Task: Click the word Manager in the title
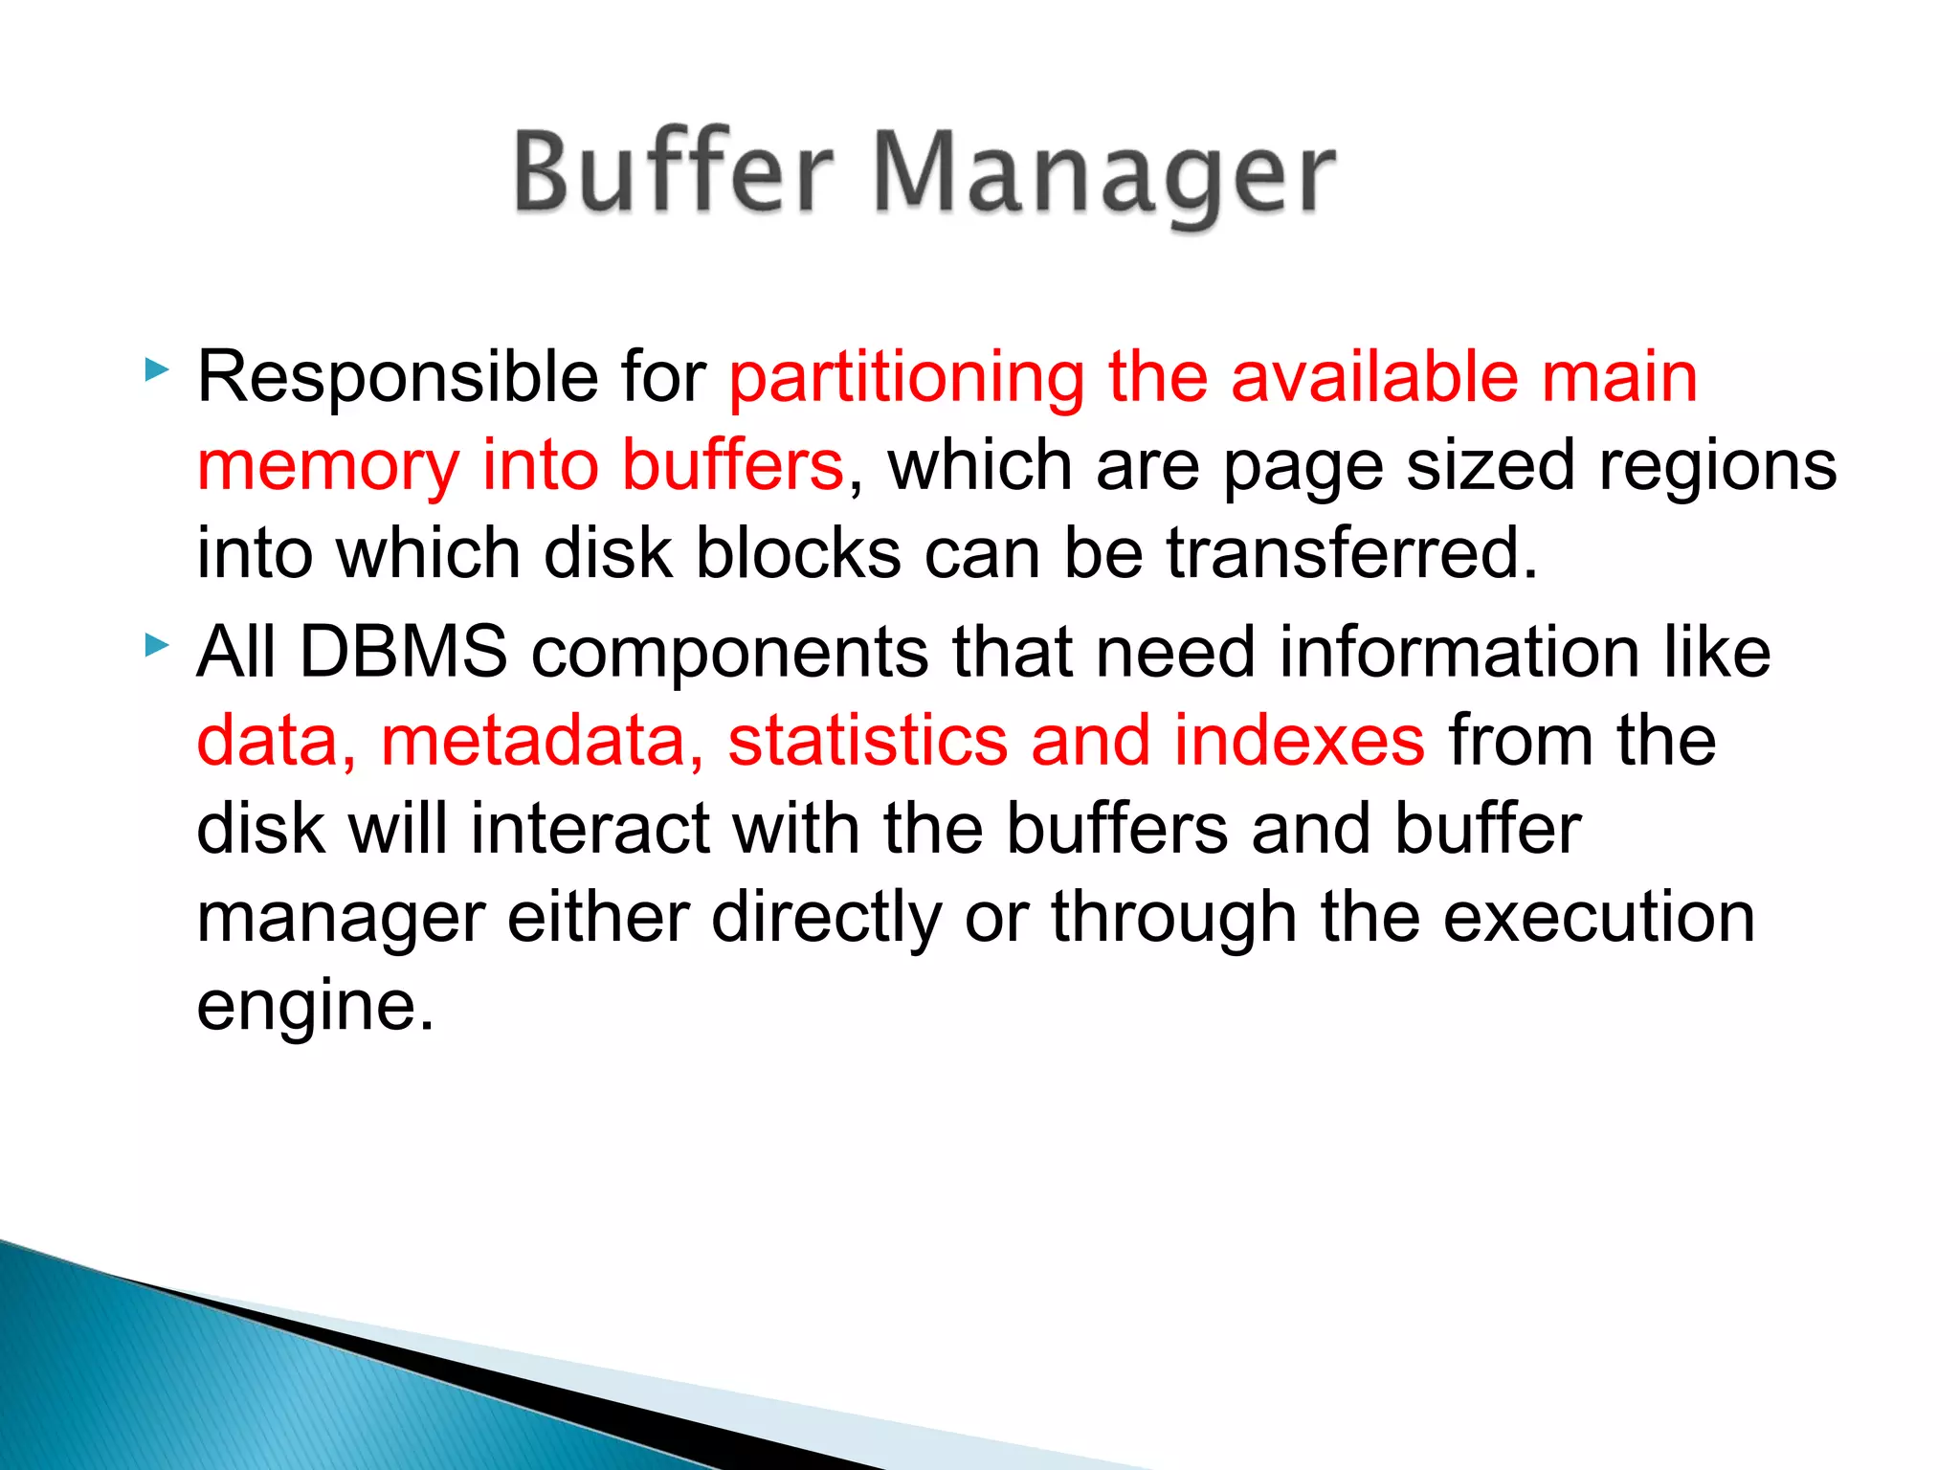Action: (x=1104, y=177)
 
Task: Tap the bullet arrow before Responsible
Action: (x=157, y=370)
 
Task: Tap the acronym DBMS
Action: (x=403, y=652)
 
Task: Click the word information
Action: (x=1459, y=652)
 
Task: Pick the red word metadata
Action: (x=542, y=741)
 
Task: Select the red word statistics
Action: (x=867, y=741)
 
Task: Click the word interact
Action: (x=590, y=829)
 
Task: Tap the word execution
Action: (x=1598, y=917)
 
